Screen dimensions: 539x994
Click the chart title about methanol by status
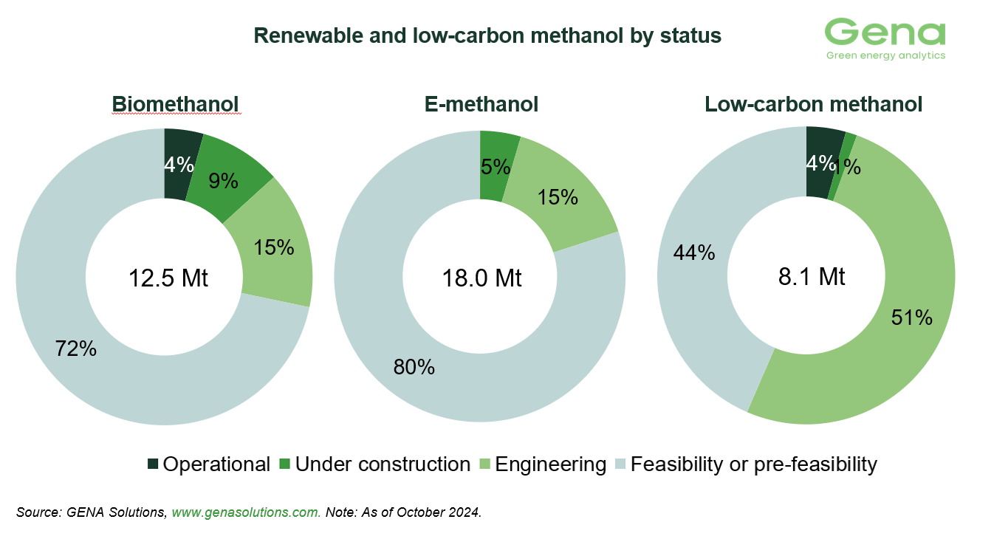[487, 36]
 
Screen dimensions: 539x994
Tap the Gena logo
[885, 38]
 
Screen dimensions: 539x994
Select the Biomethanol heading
[176, 105]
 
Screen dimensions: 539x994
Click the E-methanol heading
[481, 105]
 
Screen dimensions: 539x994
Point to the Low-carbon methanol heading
[813, 105]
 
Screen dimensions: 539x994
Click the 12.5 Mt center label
[168, 278]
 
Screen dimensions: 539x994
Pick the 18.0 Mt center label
[481, 278]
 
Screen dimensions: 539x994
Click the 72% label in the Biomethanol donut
[76, 349]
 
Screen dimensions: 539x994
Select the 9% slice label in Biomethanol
[222, 181]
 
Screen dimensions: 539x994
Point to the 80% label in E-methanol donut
[414, 366]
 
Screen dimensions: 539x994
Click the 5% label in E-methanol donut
[496, 167]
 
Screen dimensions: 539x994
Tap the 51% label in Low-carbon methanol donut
[912, 317]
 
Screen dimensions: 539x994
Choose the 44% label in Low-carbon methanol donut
[694, 253]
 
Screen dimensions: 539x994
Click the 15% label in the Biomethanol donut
[273, 247]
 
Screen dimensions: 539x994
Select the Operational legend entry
[209, 464]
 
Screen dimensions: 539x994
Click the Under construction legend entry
[374, 464]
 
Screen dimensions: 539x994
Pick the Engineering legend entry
[543, 464]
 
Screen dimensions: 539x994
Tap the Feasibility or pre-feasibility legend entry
[745, 464]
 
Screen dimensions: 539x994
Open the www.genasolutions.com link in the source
[246, 512]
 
